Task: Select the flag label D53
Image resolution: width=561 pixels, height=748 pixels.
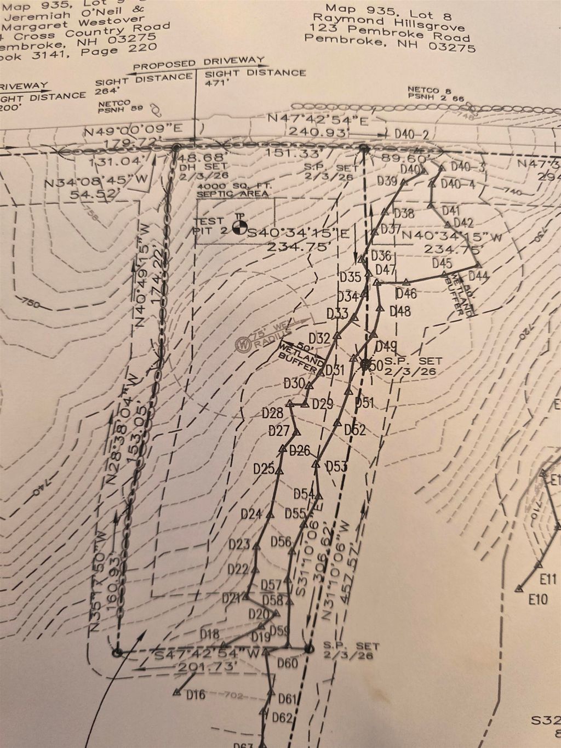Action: [336, 467]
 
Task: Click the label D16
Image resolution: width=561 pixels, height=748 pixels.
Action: [196, 695]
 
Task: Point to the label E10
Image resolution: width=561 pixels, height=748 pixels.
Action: [539, 599]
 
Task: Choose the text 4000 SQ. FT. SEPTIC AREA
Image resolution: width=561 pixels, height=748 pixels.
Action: [233, 190]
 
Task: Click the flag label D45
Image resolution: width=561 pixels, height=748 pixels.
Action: [442, 263]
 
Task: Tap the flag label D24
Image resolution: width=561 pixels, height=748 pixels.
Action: [251, 514]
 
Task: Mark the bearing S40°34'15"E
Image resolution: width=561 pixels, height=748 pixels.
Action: [299, 234]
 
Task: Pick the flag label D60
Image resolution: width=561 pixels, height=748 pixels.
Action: [287, 664]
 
